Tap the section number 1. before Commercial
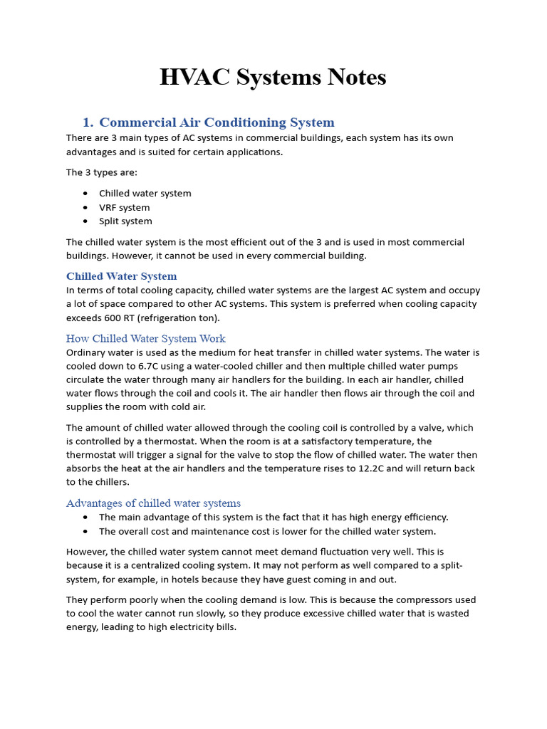coord(89,122)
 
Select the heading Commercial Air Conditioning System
coord(217,122)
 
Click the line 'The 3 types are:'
coord(101,172)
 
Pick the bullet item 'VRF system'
coord(125,207)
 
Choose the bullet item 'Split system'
coord(125,221)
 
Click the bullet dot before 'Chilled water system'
coord(86,194)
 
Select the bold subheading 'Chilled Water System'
coord(121,276)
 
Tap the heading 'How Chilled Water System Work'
coord(145,338)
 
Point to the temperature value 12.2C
coord(358,468)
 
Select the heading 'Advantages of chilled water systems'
coord(153,503)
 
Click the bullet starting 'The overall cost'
coord(267,531)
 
